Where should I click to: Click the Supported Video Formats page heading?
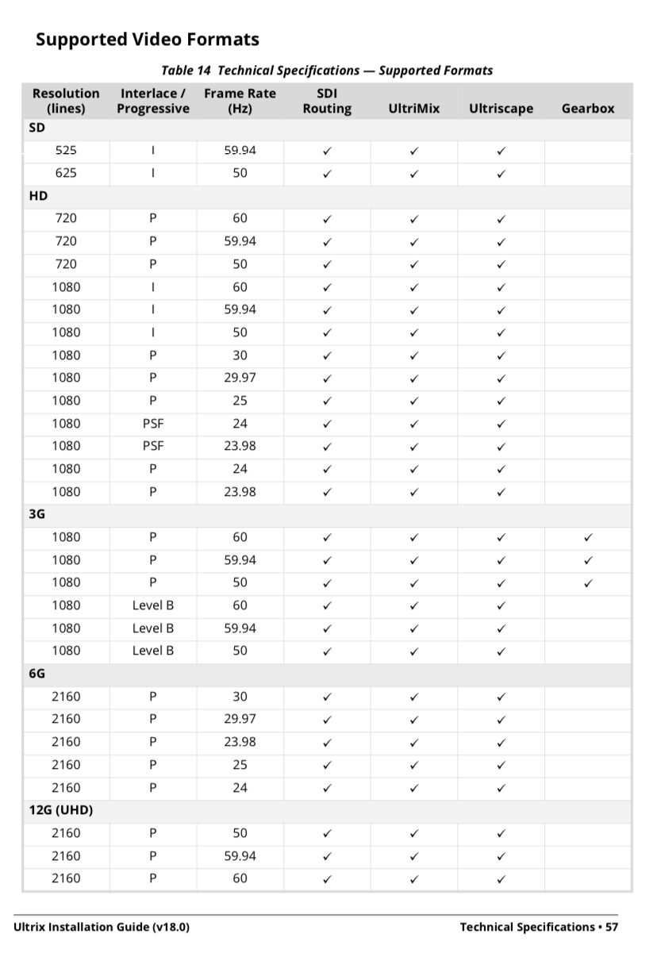click(148, 39)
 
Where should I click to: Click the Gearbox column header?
click(587, 109)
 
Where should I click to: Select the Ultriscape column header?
click(501, 109)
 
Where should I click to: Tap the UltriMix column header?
click(413, 109)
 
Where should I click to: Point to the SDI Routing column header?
click(327, 101)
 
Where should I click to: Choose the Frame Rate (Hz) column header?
click(240, 101)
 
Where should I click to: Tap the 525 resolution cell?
click(66, 150)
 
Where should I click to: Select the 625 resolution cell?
click(66, 173)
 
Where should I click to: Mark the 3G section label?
click(37, 514)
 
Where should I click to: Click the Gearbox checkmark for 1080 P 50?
click(588, 583)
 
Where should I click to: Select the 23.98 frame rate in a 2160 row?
click(240, 742)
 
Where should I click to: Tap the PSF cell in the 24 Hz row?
click(152, 424)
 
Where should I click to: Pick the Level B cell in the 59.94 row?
click(152, 628)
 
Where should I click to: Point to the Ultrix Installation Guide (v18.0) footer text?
click(102, 927)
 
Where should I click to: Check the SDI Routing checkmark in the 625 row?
click(327, 174)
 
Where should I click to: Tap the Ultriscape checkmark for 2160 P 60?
click(501, 879)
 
